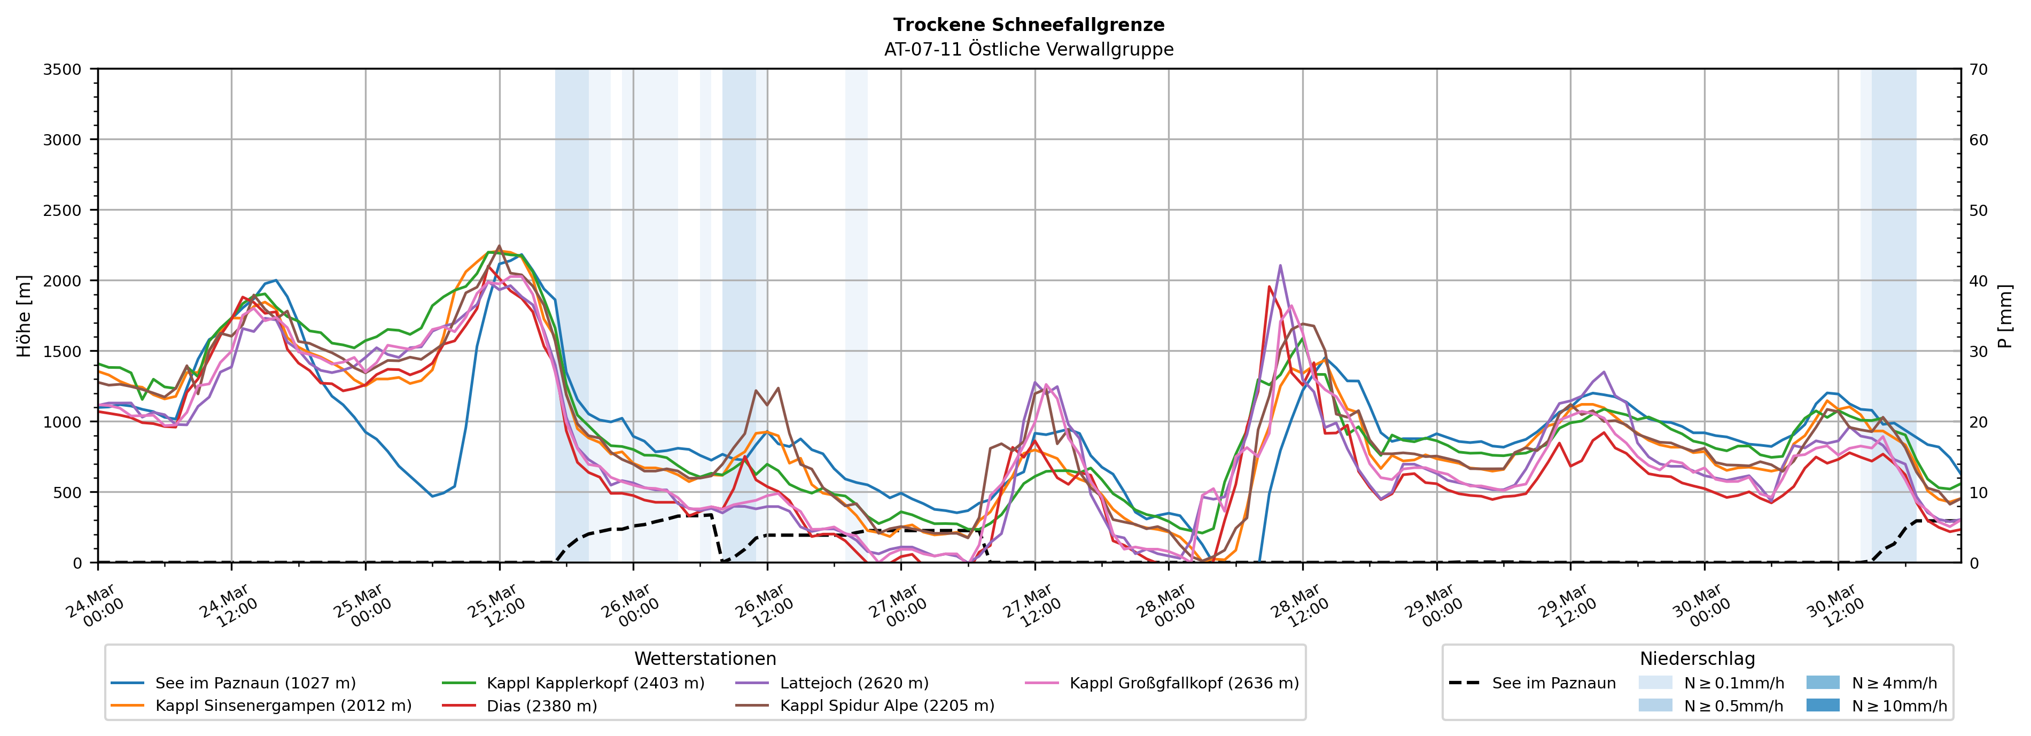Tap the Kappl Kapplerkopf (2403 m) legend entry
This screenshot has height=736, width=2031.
coord(595,683)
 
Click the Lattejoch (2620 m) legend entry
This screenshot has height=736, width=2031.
coord(854,683)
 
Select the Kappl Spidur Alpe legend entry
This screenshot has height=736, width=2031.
coord(887,705)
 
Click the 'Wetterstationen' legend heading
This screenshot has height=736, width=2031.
coord(705,658)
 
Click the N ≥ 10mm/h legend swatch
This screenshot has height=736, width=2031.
coord(1822,705)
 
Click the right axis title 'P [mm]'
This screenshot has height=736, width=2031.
coord(2005,315)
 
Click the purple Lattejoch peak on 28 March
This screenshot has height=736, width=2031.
coord(1280,265)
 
